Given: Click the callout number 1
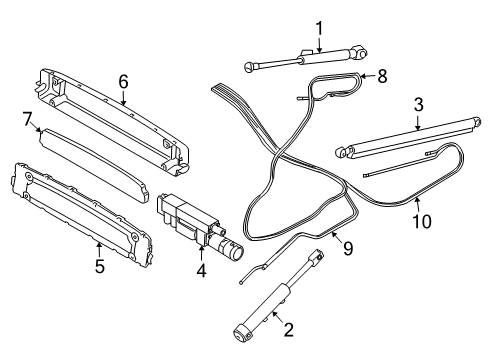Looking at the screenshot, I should pos(319,27).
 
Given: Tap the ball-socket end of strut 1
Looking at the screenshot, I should pos(250,67).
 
